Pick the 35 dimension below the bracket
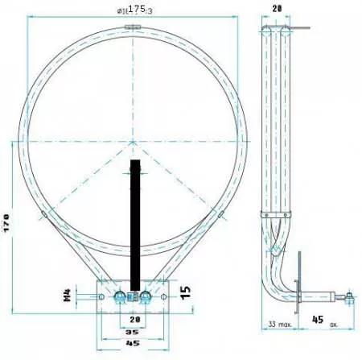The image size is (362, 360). click(x=133, y=331)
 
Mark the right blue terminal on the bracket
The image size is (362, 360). click(x=145, y=296)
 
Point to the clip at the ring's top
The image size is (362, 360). click(x=133, y=28)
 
